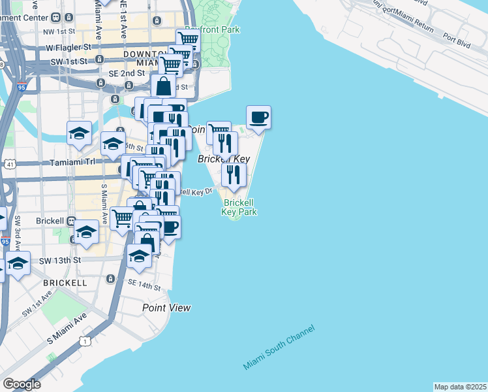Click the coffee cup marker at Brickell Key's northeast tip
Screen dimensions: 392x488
coord(258,118)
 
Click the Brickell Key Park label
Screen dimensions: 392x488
coord(239,207)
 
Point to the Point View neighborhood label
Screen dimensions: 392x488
coord(167,308)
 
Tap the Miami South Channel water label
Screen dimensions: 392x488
coord(279,347)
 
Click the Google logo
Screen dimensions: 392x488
coord(22,384)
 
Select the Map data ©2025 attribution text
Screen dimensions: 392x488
coord(460,387)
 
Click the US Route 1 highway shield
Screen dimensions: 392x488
coord(84,341)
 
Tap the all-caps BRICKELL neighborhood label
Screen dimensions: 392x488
coord(64,283)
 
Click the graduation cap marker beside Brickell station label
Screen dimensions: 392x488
coord(86,232)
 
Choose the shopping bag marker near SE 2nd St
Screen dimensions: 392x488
coord(162,85)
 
